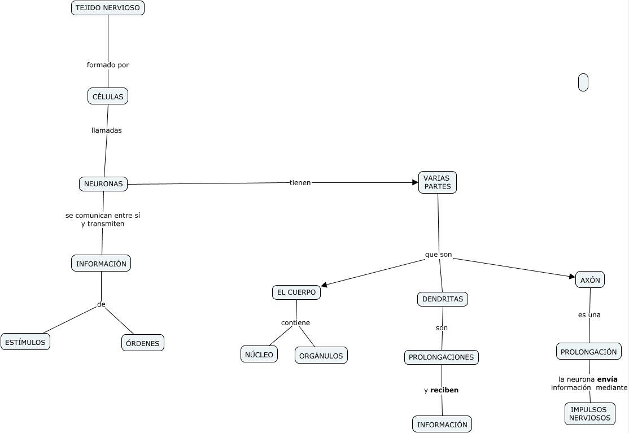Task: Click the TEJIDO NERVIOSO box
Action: click(x=107, y=8)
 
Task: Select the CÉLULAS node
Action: click(x=108, y=97)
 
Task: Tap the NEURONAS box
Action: click(x=103, y=184)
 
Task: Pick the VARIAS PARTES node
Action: click(x=438, y=182)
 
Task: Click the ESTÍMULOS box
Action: click(x=26, y=342)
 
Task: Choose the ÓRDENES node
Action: click(x=143, y=343)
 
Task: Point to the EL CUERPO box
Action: click(x=296, y=292)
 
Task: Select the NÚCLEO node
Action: click(x=259, y=355)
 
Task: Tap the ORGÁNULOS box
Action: click(x=321, y=356)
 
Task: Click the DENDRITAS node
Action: click(x=443, y=299)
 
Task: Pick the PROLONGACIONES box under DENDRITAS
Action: click(x=442, y=357)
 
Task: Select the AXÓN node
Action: click(x=590, y=280)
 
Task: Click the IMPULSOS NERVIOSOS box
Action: click(x=589, y=414)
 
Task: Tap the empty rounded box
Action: click(x=583, y=82)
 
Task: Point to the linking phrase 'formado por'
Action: click(x=108, y=65)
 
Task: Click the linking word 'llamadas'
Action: click(x=107, y=130)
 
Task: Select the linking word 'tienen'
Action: click(x=300, y=183)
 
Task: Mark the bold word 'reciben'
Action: click(x=444, y=390)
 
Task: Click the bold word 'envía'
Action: click(x=607, y=379)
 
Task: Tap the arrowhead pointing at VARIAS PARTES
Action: click(x=415, y=182)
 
